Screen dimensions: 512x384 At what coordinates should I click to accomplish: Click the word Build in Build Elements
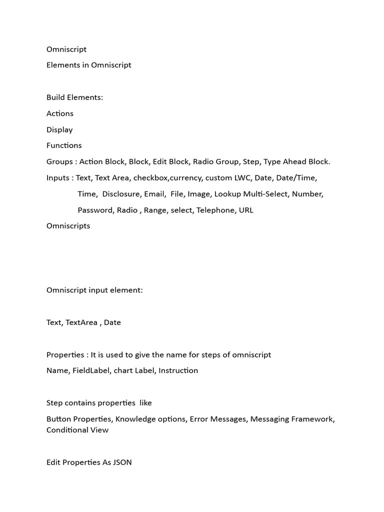click(56, 97)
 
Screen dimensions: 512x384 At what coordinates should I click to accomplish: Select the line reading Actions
click(60, 113)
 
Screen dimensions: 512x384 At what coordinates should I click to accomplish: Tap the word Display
click(59, 129)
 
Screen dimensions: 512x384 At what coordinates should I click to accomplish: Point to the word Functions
click(64, 145)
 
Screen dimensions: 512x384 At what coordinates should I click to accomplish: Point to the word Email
click(154, 193)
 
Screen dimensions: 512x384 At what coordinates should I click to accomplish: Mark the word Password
click(95, 210)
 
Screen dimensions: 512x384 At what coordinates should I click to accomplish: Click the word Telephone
click(215, 210)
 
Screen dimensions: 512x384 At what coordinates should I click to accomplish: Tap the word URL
click(246, 210)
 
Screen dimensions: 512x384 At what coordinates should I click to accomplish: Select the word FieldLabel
click(91, 370)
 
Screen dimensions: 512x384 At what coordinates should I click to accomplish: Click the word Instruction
click(178, 370)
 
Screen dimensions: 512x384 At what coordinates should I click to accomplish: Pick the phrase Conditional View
click(77, 430)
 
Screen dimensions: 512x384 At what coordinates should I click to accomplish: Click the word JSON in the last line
click(122, 462)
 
